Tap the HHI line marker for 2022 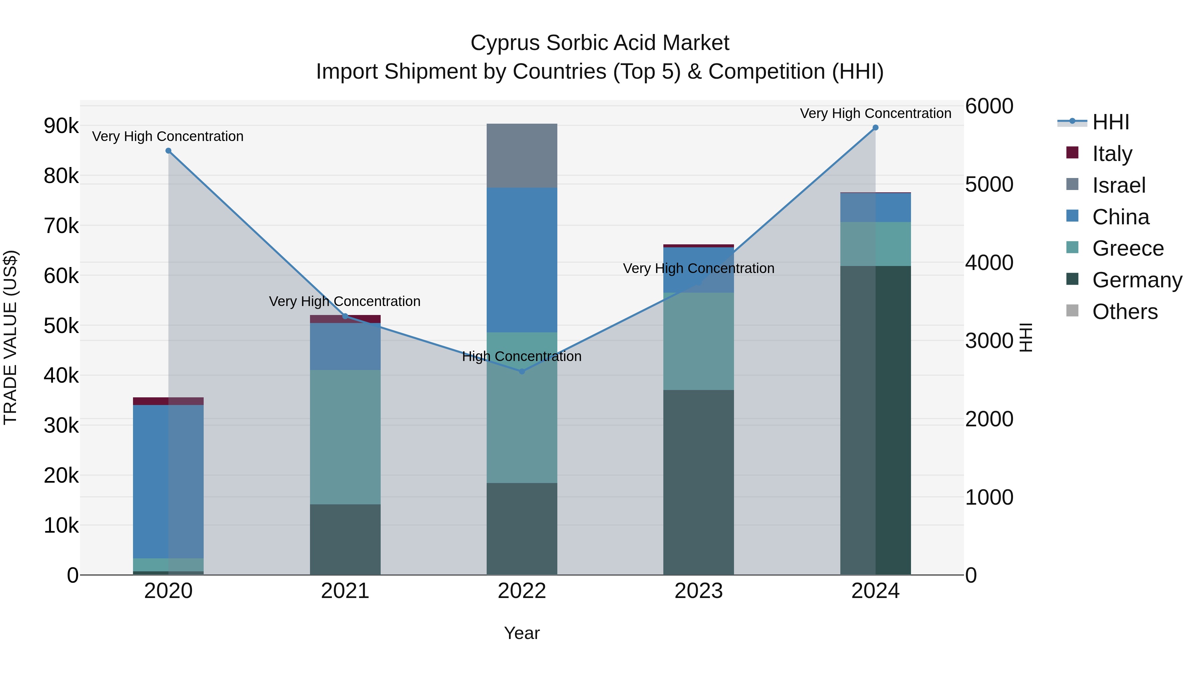[x=522, y=371]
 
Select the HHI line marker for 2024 [x=875, y=128]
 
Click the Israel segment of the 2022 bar [x=522, y=156]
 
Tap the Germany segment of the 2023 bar [x=698, y=482]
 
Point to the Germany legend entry [x=1137, y=280]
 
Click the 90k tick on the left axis [x=61, y=126]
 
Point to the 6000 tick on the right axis [x=989, y=106]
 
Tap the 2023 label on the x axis [x=698, y=591]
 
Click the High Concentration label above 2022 [x=522, y=356]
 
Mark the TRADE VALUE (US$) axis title [x=10, y=337]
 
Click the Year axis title [x=522, y=633]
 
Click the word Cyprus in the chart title [x=505, y=43]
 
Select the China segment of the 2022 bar [x=522, y=260]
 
